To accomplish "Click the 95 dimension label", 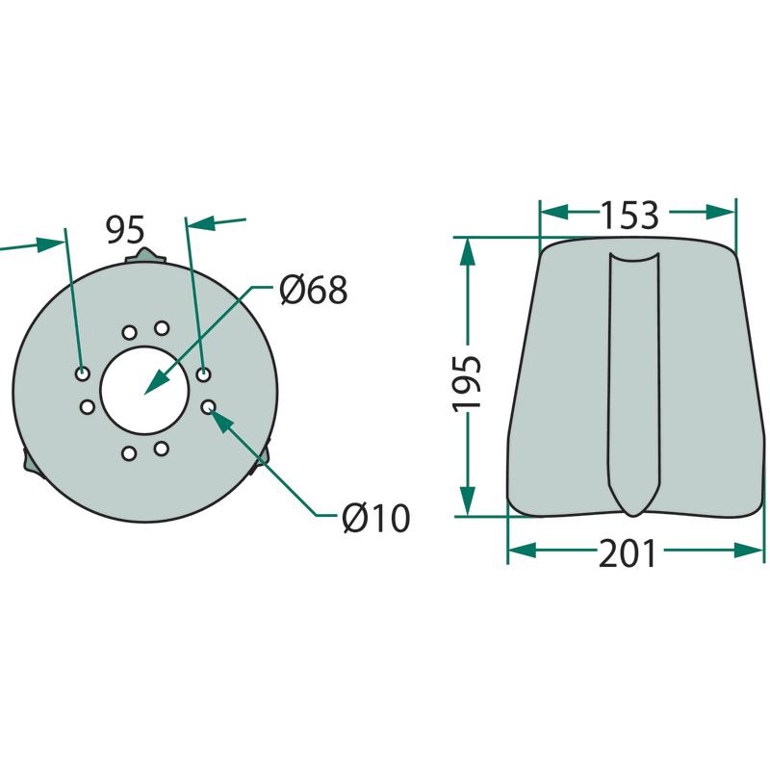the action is pos(126,229).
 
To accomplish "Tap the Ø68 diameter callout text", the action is pos(314,290).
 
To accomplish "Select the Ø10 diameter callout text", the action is pos(376,518).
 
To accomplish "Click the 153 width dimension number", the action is pos(630,215).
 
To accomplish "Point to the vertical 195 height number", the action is pos(467,382).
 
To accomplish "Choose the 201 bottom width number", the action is pos(628,553).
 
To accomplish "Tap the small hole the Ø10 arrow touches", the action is pos(208,406).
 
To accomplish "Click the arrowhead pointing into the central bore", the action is pos(156,382).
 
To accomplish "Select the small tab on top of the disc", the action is pos(145,256).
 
